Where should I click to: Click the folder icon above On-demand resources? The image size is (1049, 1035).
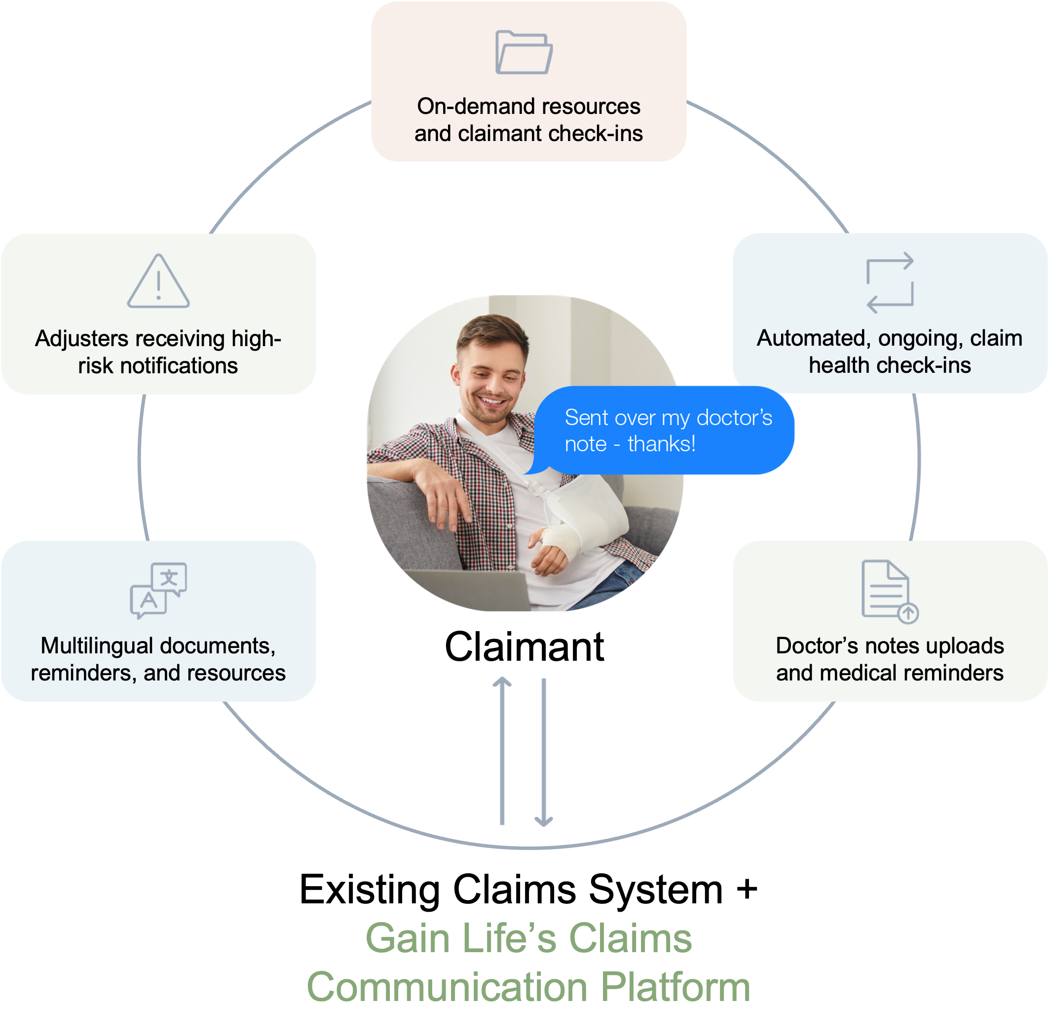click(x=524, y=52)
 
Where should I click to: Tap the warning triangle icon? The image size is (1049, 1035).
click(x=158, y=282)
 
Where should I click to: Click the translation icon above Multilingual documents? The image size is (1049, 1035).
click(x=158, y=591)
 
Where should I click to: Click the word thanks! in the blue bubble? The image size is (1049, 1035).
click(x=661, y=444)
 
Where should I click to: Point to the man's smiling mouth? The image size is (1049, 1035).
click(x=491, y=402)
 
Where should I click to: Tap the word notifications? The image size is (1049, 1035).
click(x=179, y=366)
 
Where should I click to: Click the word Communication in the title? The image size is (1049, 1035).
click(x=447, y=990)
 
